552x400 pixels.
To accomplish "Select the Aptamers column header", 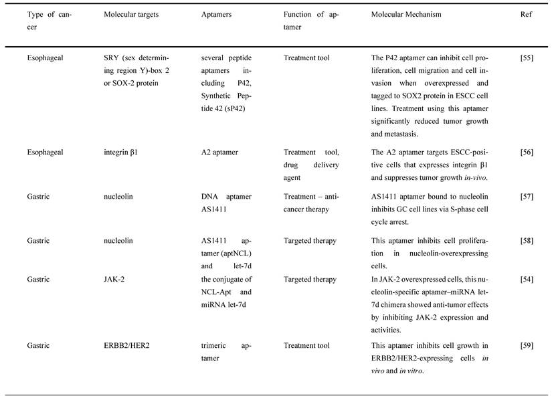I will (x=217, y=15).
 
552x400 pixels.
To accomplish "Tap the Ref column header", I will (x=526, y=15).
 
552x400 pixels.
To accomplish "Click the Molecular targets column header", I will (x=131, y=15).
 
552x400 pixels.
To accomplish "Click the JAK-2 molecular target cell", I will (x=115, y=280).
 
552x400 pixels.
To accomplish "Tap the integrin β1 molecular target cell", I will (x=120, y=153).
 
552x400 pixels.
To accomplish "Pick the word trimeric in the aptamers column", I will (x=215, y=346).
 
